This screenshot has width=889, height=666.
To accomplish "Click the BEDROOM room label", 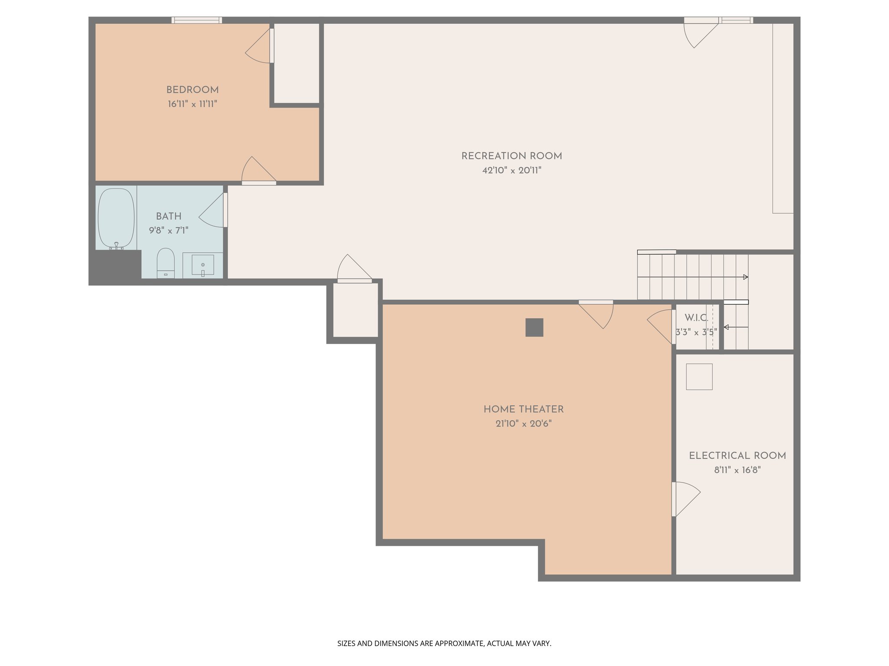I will click(192, 90).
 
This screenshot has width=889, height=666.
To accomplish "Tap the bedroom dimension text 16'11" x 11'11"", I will click(192, 104).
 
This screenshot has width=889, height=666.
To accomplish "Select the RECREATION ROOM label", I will click(511, 156).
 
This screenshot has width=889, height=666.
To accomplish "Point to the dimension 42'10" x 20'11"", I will click(511, 170).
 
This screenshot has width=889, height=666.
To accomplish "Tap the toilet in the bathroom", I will click(165, 262).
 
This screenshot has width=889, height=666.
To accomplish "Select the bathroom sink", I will click(203, 264).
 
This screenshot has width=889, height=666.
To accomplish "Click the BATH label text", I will click(168, 216).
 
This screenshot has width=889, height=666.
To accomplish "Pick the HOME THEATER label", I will click(524, 409).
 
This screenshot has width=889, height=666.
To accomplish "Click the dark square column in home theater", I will click(534, 327).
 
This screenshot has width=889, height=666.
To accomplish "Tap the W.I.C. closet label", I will click(696, 318).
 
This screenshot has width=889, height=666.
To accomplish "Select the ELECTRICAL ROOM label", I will click(737, 456).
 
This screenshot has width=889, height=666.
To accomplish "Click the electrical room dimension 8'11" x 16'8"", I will click(737, 470).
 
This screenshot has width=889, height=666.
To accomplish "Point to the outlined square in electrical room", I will click(699, 376).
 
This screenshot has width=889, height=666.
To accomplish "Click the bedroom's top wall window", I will click(197, 20).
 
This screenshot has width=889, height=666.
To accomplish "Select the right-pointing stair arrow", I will click(745, 277).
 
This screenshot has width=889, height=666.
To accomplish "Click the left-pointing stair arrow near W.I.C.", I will click(727, 327).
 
